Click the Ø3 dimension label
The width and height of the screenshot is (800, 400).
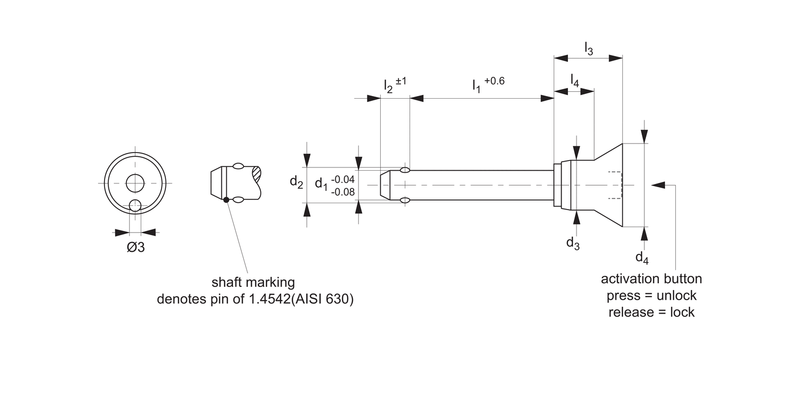[136, 248]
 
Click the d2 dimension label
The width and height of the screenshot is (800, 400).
[297, 182]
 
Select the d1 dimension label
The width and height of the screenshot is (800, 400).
[321, 184]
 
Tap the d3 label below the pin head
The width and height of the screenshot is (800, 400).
[573, 243]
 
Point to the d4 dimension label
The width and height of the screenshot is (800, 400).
[642, 258]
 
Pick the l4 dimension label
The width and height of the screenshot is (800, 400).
[574, 81]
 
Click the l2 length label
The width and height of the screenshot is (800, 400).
[388, 86]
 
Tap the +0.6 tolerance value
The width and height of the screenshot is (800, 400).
[494, 81]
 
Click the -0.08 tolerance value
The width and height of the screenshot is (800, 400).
[343, 191]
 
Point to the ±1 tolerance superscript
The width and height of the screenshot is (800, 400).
[401, 81]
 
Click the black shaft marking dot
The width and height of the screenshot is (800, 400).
[227, 200]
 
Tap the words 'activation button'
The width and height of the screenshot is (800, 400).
[651, 279]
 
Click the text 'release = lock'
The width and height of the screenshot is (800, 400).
[651, 313]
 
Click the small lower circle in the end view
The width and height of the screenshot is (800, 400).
[135, 205]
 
